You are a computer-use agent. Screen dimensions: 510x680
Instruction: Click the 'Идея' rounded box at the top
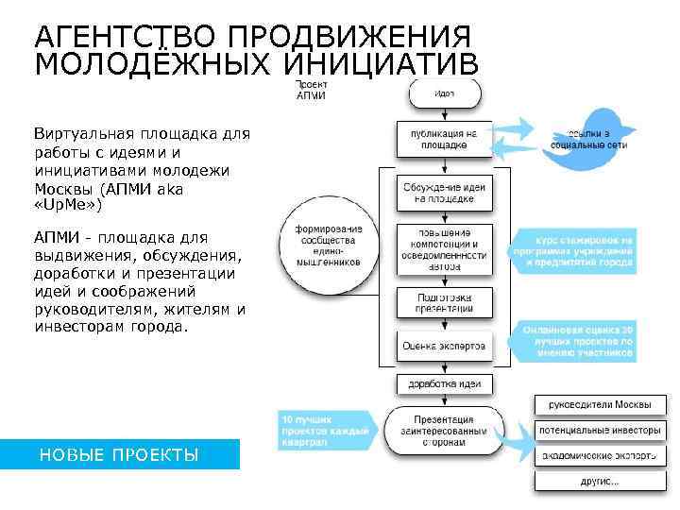pyautogui.click(x=445, y=93)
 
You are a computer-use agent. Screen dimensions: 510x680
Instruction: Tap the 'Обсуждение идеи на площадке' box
pyautogui.click(x=444, y=194)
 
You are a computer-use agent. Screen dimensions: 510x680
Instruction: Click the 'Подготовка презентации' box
pyautogui.click(x=444, y=302)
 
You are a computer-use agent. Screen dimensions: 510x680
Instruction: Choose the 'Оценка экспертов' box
pyautogui.click(x=444, y=346)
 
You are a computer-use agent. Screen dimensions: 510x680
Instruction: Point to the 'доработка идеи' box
pyautogui.click(x=444, y=383)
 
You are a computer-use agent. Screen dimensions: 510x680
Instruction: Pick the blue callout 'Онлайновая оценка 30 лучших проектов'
pyautogui.click(x=578, y=341)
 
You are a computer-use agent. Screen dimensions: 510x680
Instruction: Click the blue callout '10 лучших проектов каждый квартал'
pyautogui.click(x=322, y=429)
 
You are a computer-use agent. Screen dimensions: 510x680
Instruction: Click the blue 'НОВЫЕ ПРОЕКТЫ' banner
pyautogui.click(x=119, y=455)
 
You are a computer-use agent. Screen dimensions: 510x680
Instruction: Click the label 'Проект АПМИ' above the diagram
pyautogui.click(x=311, y=90)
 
